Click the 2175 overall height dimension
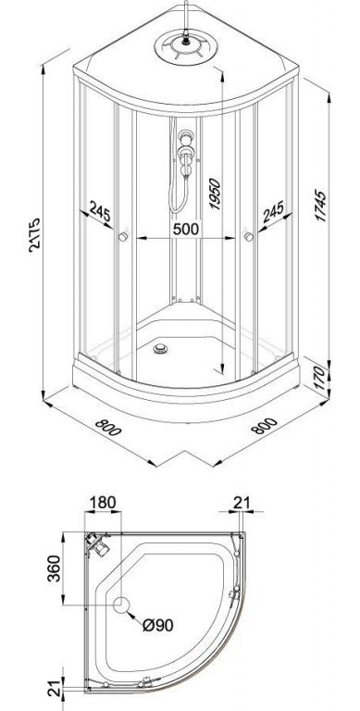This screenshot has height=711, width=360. coord(34,234)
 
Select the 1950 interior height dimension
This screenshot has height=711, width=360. coord(214,194)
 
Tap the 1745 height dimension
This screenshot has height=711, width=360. coord(320,206)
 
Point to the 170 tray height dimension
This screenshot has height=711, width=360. coord(320,375)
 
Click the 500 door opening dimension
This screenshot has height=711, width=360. coord(186,229)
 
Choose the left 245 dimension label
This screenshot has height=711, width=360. coord(101,211)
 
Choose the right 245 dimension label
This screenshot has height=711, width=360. coord(271,211)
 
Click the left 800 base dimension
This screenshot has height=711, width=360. coord(109,427)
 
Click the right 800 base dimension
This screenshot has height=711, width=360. coord(264,426)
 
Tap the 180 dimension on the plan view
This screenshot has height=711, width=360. coord(103,503)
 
